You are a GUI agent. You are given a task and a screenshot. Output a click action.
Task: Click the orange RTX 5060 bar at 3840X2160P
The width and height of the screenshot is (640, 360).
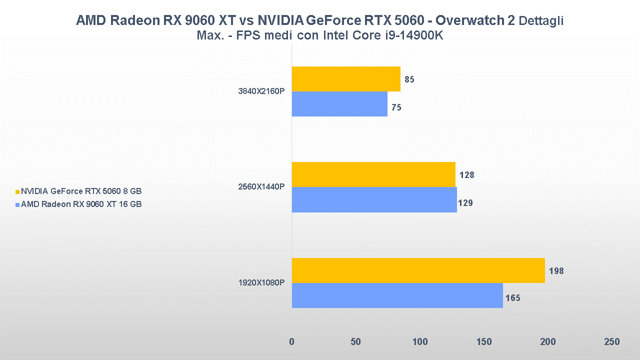(x=346, y=79)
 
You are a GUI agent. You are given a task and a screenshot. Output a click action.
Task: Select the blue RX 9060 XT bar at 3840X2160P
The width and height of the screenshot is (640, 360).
(x=339, y=104)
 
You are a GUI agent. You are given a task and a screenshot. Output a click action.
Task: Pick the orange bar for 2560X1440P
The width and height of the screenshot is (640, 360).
(x=373, y=174)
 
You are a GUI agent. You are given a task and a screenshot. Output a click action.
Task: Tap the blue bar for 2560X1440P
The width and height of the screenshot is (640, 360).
(x=374, y=199)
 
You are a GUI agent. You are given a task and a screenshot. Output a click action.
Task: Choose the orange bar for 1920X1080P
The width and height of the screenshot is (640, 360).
(x=418, y=270)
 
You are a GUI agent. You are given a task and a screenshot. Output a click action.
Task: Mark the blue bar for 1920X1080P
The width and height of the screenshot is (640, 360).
(x=397, y=295)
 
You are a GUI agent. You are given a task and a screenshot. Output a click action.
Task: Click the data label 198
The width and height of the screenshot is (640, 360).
(x=555, y=271)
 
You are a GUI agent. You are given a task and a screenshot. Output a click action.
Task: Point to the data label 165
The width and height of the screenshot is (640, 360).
(x=512, y=298)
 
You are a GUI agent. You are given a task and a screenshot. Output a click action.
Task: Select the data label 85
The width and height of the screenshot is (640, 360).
(x=409, y=79)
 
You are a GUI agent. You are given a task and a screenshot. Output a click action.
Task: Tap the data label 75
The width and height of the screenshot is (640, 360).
(x=396, y=107)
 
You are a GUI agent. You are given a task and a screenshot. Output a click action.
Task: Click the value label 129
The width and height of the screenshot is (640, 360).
(x=465, y=203)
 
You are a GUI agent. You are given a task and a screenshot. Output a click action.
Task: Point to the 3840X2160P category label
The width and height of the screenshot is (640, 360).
(x=261, y=91)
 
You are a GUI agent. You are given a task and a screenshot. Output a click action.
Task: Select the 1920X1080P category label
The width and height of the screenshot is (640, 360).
(x=261, y=283)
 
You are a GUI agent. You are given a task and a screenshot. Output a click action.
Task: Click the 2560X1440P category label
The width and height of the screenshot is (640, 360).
(x=261, y=187)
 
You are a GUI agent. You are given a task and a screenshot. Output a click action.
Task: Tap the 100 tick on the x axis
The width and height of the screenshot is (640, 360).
(x=420, y=342)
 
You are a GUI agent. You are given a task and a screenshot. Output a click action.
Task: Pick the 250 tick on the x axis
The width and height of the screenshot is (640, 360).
(x=611, y=342)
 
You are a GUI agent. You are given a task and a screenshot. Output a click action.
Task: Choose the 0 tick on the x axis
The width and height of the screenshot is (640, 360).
(x=292, y=342)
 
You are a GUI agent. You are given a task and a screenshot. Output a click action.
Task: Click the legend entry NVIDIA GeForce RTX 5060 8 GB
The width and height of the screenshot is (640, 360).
(x=81, y=191)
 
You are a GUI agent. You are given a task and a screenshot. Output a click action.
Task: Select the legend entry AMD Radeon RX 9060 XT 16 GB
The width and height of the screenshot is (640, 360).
(x=81, y=204)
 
